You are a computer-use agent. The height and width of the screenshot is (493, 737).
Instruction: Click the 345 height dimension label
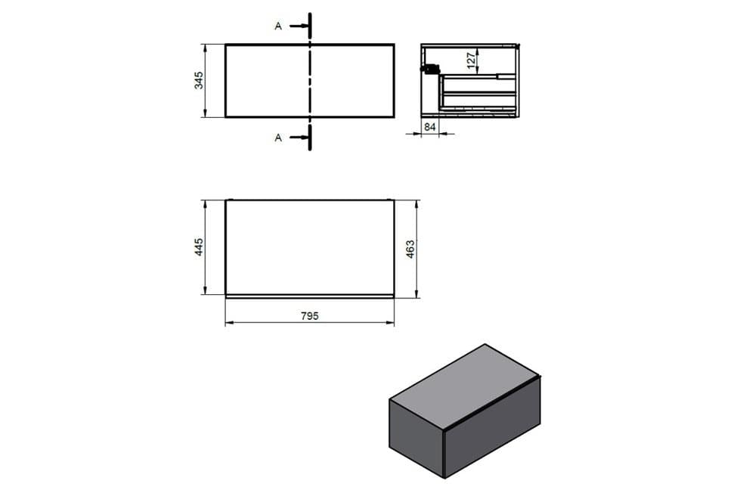pyautogui.click(x=199, y=80)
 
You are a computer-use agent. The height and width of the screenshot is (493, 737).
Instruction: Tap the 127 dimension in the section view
pyautogui.click(x=471, y=60)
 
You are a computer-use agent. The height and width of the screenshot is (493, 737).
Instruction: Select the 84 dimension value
pyautogui.click(x=429, y=126)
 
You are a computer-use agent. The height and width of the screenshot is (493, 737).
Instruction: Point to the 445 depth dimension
pyautogui.click(x=199, y=246)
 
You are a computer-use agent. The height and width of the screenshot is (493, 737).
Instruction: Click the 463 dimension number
pyautogui.click(x=410, y=249)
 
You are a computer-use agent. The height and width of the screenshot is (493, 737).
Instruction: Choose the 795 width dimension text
pyautogui.click(x=310, y=316)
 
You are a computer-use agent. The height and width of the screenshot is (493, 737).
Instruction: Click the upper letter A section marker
pyautogui.click(x=278, y=26)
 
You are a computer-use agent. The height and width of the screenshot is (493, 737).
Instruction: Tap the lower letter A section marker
pyautogui.click(x=278, y=138)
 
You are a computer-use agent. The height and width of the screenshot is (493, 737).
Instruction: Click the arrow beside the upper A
pyautogui.click(x=299, y=26)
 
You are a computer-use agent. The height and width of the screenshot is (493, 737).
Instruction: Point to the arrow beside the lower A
pyautogui.click(x=299, y=137)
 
